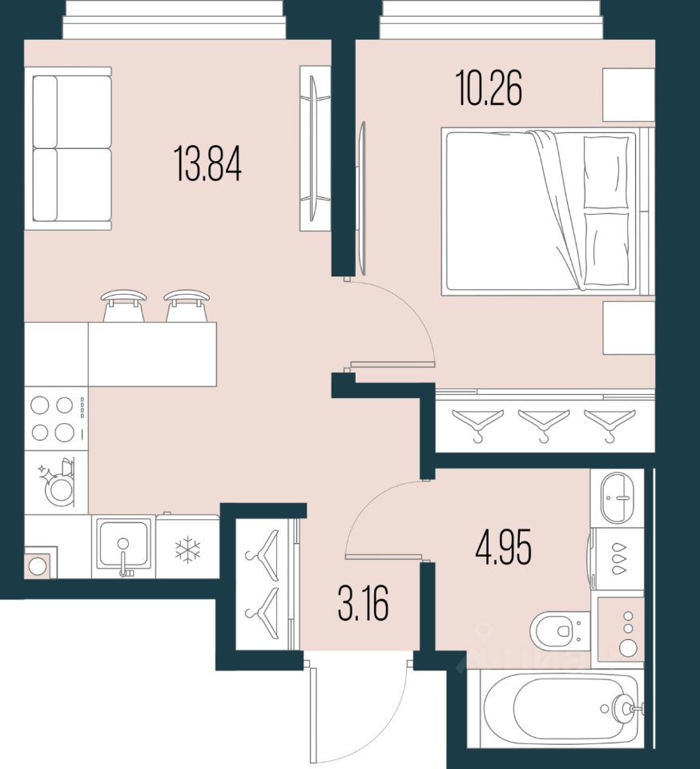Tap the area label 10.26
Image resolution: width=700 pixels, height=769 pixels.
(489, 89)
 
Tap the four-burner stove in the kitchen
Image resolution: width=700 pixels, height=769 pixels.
(54, 418)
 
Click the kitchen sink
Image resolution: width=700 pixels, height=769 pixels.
(123, 546)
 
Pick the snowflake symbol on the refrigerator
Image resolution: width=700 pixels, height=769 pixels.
(187, 549)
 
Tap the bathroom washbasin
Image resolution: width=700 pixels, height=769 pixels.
(617, 497)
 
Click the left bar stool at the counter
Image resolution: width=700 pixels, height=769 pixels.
(124, 305)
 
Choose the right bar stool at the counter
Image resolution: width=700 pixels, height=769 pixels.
(187, 305)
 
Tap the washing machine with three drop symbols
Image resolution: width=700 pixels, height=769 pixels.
(617, 559)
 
